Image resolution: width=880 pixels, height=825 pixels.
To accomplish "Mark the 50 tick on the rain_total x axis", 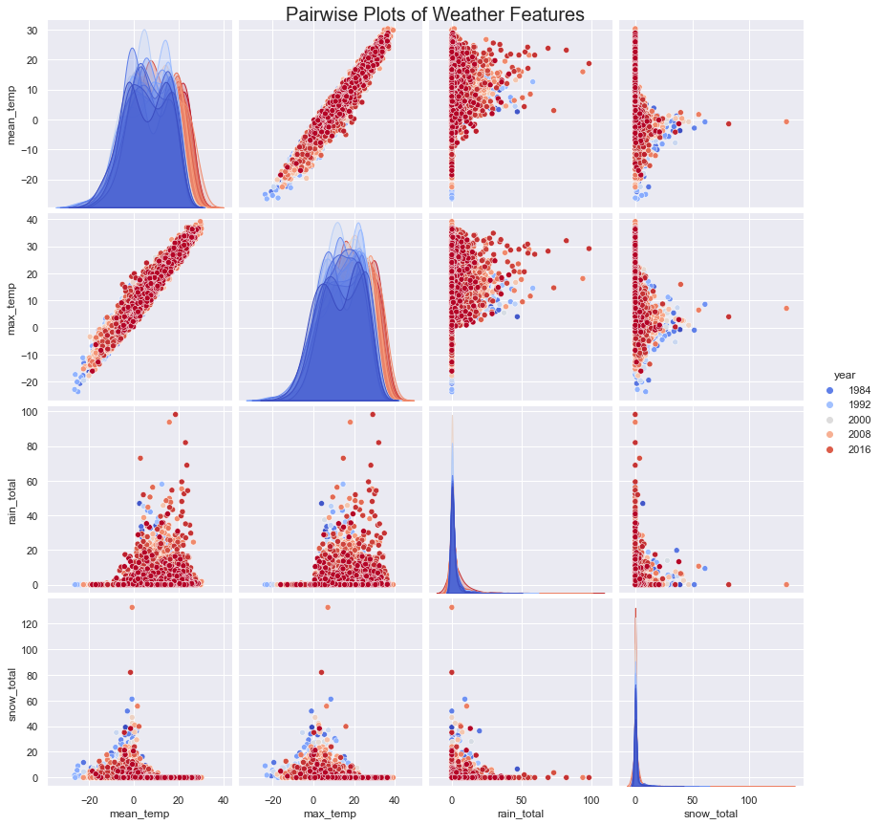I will [522, 799].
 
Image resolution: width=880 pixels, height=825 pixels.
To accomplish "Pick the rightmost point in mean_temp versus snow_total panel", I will [786, 121].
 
